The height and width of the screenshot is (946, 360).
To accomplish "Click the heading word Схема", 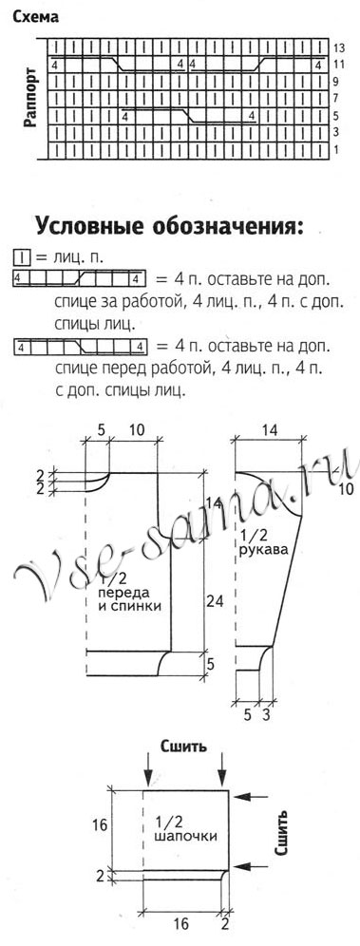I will pyautogui.click(x=32, y=17).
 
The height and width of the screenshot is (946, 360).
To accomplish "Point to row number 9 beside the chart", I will pyautogui.click(x=337, y=82).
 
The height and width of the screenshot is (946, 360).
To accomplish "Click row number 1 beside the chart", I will pyautogui.click(x=335, y=150).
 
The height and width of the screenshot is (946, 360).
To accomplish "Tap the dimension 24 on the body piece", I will pyautogui.click(x=215, y=600).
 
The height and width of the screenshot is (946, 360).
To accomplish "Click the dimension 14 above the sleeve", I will pyautogui.click(x=269, y=429).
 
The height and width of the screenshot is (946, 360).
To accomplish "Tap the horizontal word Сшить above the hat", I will pyautogui.click(x=184, y=746).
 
